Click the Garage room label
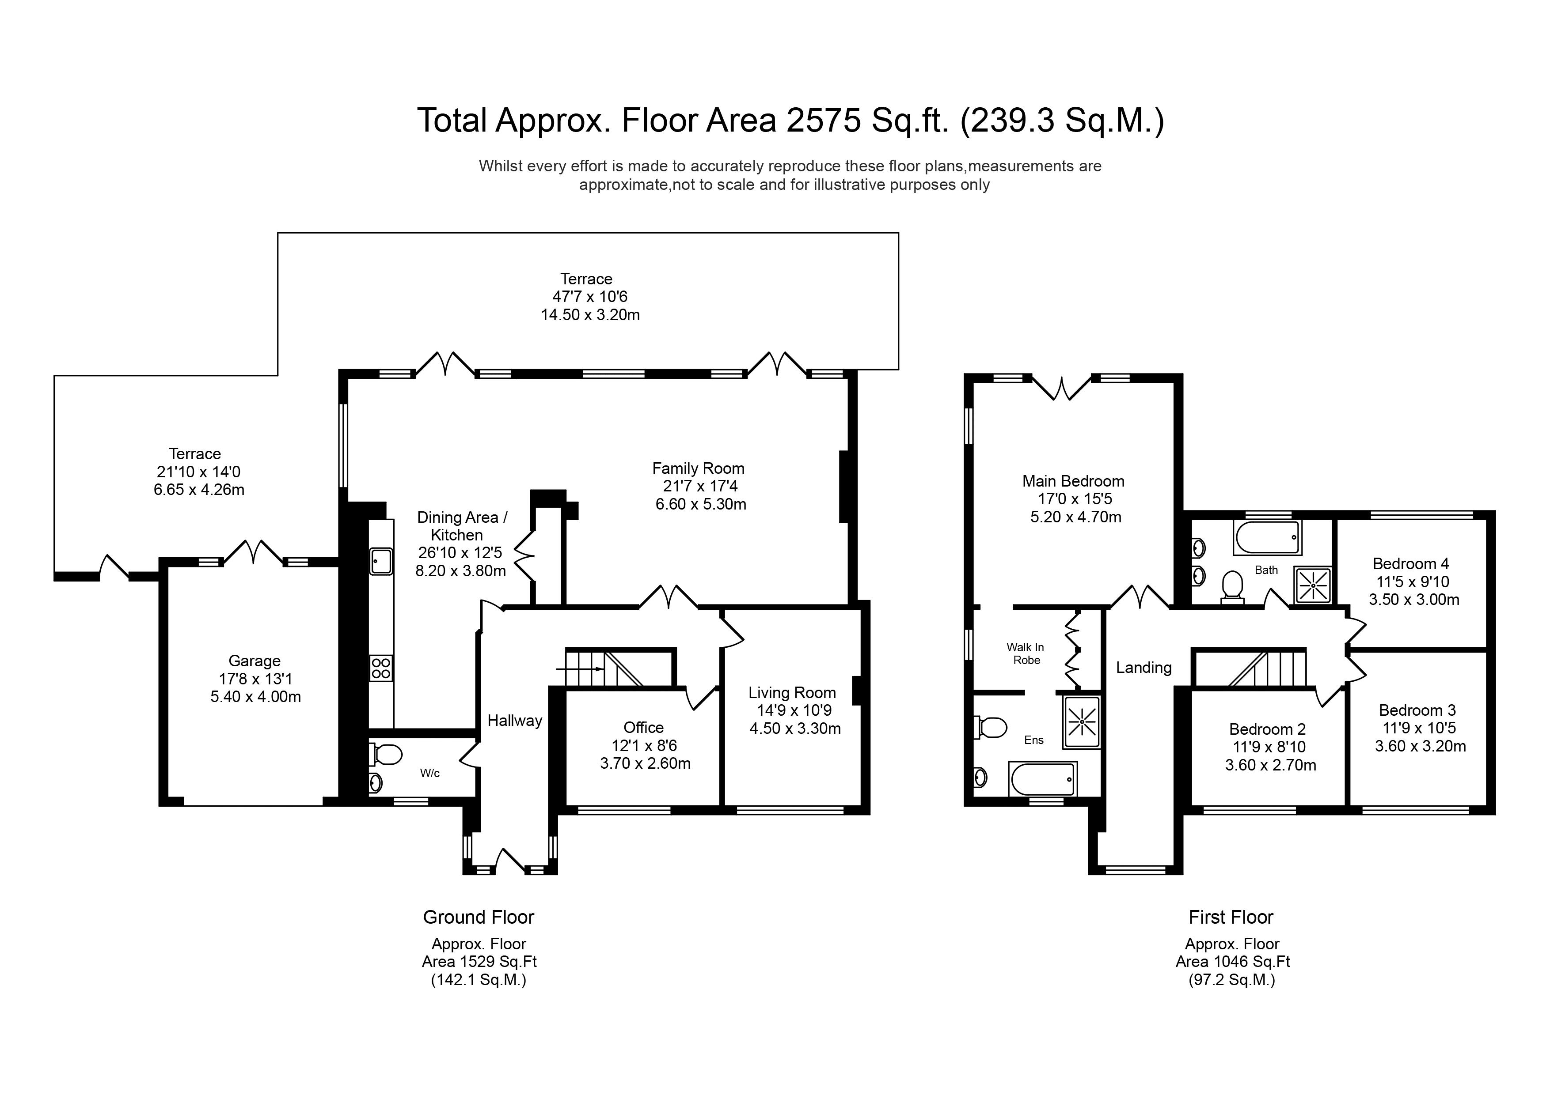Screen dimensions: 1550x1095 pos(255,661)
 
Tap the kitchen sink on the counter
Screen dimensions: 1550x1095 pos(381,561)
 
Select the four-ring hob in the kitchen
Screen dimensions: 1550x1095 pos(381,668)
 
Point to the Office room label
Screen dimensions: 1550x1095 pos(643,727)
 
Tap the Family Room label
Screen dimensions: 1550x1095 pos(698,468)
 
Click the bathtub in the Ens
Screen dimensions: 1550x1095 pos(1043,779)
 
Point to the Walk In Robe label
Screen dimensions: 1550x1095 pos(1026,654)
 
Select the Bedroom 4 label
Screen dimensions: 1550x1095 pos(1411,564)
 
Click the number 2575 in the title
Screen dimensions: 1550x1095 pos(824,120)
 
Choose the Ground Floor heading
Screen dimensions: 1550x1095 pos(479,918)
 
